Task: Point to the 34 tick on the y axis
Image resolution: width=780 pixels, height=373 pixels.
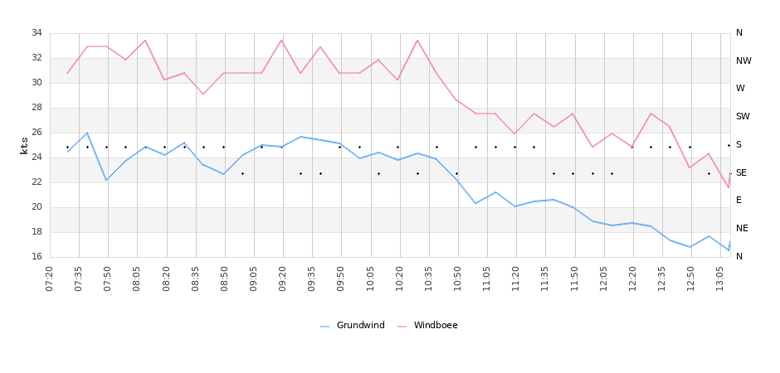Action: click(x=37, y=33)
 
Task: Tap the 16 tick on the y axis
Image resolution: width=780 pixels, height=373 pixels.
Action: click(x=37, y=257)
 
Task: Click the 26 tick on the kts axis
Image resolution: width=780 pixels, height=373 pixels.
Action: click(x=37, y=133)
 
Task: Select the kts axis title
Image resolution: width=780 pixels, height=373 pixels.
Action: click(x=24, y=145)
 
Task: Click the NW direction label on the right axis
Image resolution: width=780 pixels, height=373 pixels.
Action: click(x=743, y=61)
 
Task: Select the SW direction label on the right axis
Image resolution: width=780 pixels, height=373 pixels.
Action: click(x=743, y=117)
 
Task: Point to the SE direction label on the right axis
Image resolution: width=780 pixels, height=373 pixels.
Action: click(x=741, y=172)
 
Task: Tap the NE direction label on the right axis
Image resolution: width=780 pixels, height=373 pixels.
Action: click(x=742, y=229)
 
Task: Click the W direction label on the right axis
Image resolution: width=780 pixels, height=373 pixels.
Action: click(x=740, y=89)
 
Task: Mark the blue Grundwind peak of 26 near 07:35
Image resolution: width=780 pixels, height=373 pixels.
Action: click(x=87, y=133)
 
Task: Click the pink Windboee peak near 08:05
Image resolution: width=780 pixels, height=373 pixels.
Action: click(x=145, y=40)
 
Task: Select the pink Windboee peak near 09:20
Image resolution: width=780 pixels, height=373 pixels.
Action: click(x=281, y=40)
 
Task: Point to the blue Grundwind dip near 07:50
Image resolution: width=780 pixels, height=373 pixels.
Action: click(x=106, y=180)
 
